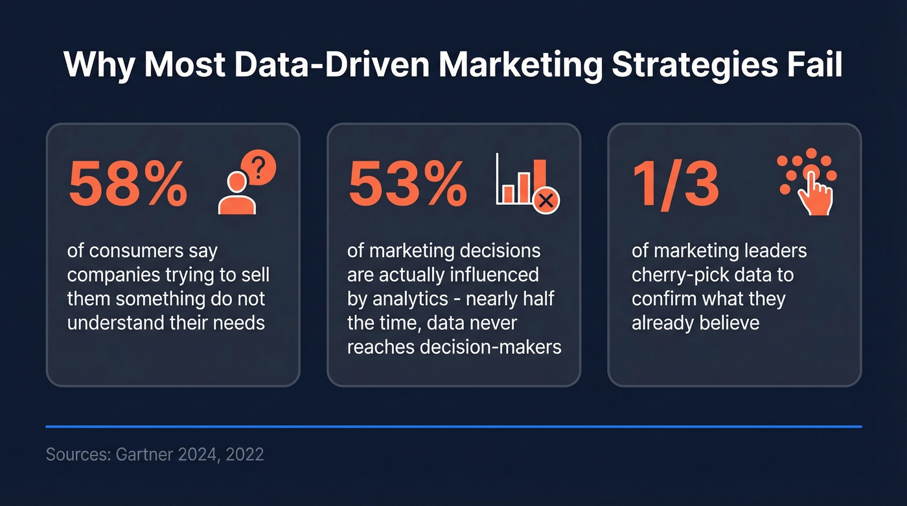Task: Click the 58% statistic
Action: coord(128,183)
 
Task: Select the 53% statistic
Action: coord(408,183)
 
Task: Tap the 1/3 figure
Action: coord(676,183)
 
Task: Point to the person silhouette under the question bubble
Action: coord(236,196)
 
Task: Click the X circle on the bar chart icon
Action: coord(546,200)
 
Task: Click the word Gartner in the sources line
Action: coord(144,454)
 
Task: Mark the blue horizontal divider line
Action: coord(454,426)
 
